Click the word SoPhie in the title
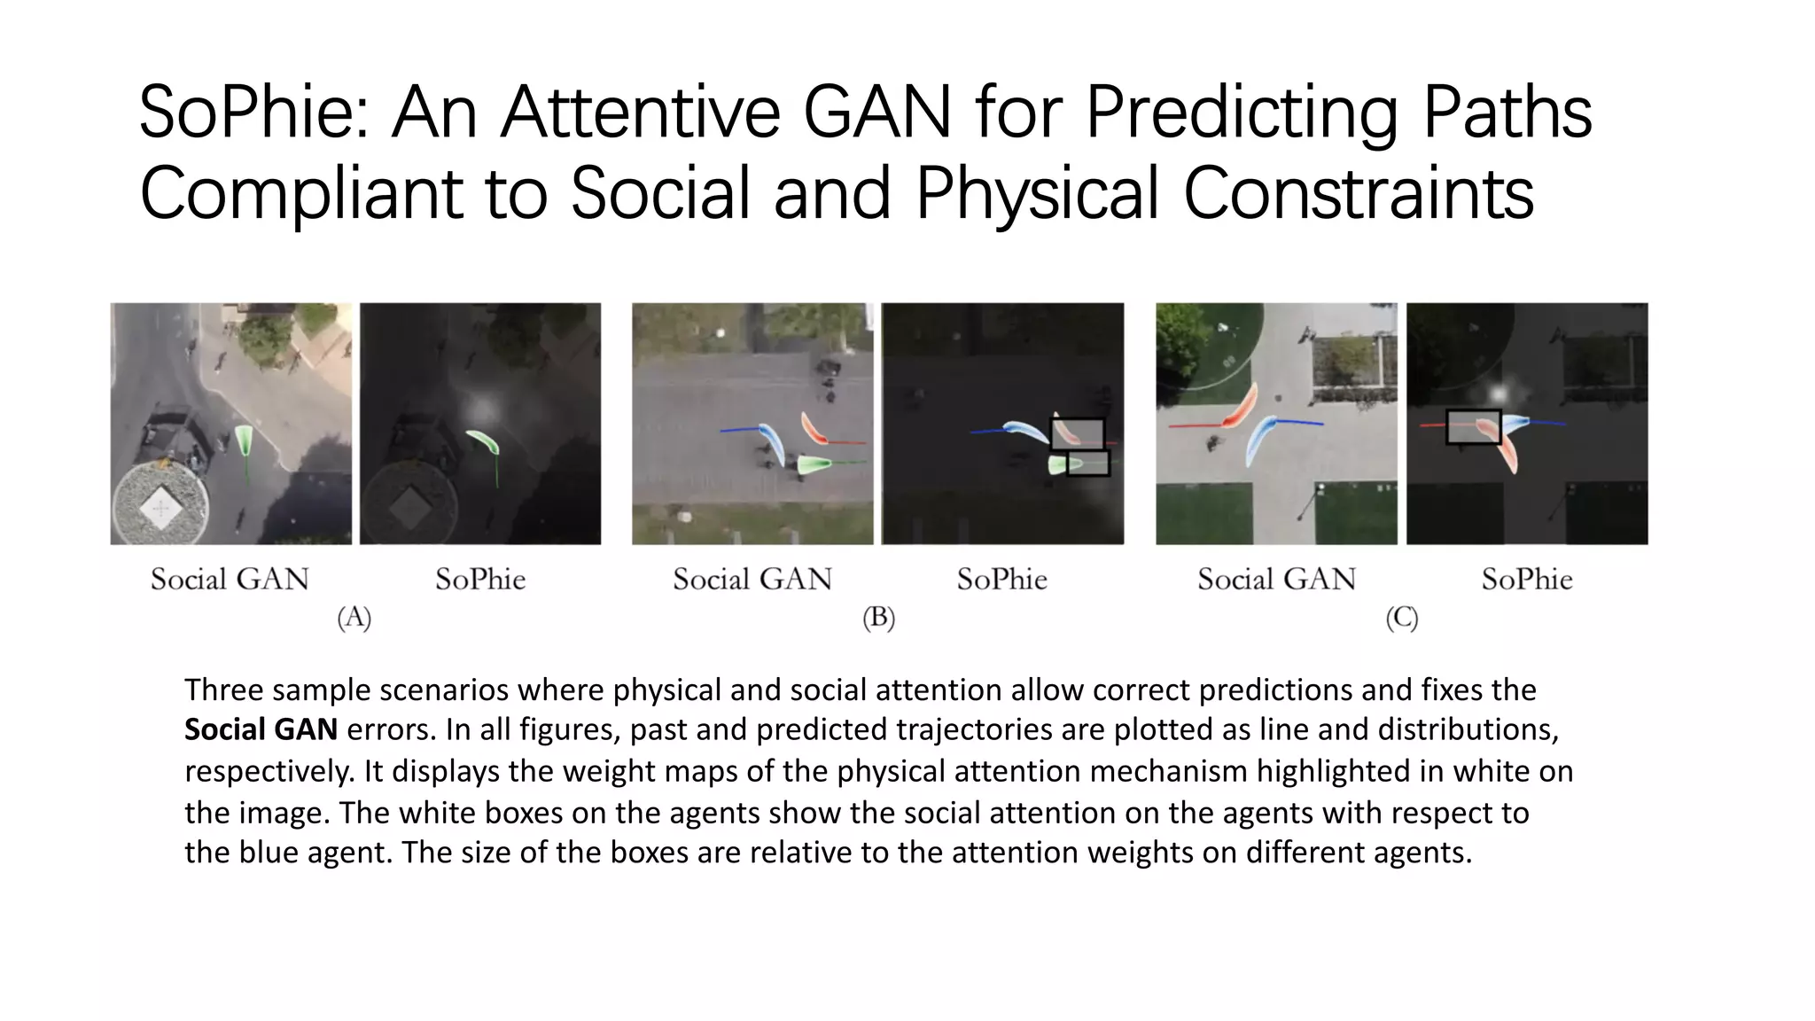(x=253, y=113)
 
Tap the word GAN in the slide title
(x=876, y=113)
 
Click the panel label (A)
(x=354, y=618)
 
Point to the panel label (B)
(x=878, y=618)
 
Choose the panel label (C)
(x=1401, y=618)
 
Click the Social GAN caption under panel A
(x=230, y=580)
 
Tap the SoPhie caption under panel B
(x=1001, y=580)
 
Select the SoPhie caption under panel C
(x=1526, y=580)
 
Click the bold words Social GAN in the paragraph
(x=261, y=729)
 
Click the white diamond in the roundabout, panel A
(x=160, y=508)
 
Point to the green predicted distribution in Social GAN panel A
(x=244, y=438)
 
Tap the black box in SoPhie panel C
(x=1473, y=426)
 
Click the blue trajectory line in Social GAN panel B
(x=739, y=430)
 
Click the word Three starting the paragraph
(x=222, y=690)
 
